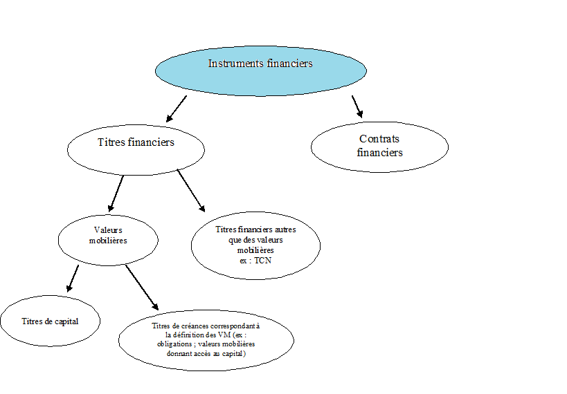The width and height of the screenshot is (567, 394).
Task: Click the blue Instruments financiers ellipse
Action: (261, 71)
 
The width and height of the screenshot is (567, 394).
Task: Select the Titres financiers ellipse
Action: (136, 150)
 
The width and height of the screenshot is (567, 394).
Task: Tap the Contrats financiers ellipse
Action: (379, 147)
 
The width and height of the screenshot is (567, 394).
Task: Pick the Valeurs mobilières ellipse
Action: (108, 241)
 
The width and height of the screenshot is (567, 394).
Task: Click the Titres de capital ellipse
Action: (51, 321)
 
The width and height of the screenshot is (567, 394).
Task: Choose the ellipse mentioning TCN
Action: (255, 245)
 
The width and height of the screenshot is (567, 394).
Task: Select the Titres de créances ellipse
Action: (206, 340)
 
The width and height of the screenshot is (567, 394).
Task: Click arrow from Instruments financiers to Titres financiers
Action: (177, 109)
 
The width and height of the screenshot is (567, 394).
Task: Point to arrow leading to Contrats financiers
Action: (357, 106)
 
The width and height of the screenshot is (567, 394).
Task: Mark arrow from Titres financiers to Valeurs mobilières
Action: (116, 194)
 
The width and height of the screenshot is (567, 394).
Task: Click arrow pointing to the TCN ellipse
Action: (191, 191)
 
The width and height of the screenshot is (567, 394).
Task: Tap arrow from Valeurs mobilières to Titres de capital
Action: (72, 279)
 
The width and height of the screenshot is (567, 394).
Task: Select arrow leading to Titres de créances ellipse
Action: (142, 288)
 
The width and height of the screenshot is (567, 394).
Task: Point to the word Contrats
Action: (379, 139)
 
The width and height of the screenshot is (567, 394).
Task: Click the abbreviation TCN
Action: (263, 261)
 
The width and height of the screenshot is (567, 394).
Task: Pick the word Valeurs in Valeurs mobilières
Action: (108, 230)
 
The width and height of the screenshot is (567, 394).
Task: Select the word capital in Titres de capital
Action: (66, 321)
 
